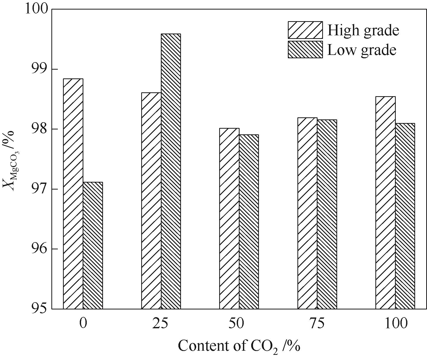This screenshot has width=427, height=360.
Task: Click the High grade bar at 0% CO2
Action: tap(73, 193)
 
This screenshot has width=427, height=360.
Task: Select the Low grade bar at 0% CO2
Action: tap(93, 245)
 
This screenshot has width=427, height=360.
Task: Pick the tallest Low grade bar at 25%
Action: tap(171, 171)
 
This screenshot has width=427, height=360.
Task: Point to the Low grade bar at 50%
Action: tap(249, 222)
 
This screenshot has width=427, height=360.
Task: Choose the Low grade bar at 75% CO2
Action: tap(327, 214)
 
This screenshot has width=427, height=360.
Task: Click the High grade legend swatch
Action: tap(305, 30)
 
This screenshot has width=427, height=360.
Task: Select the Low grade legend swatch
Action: tap(305, 49)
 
